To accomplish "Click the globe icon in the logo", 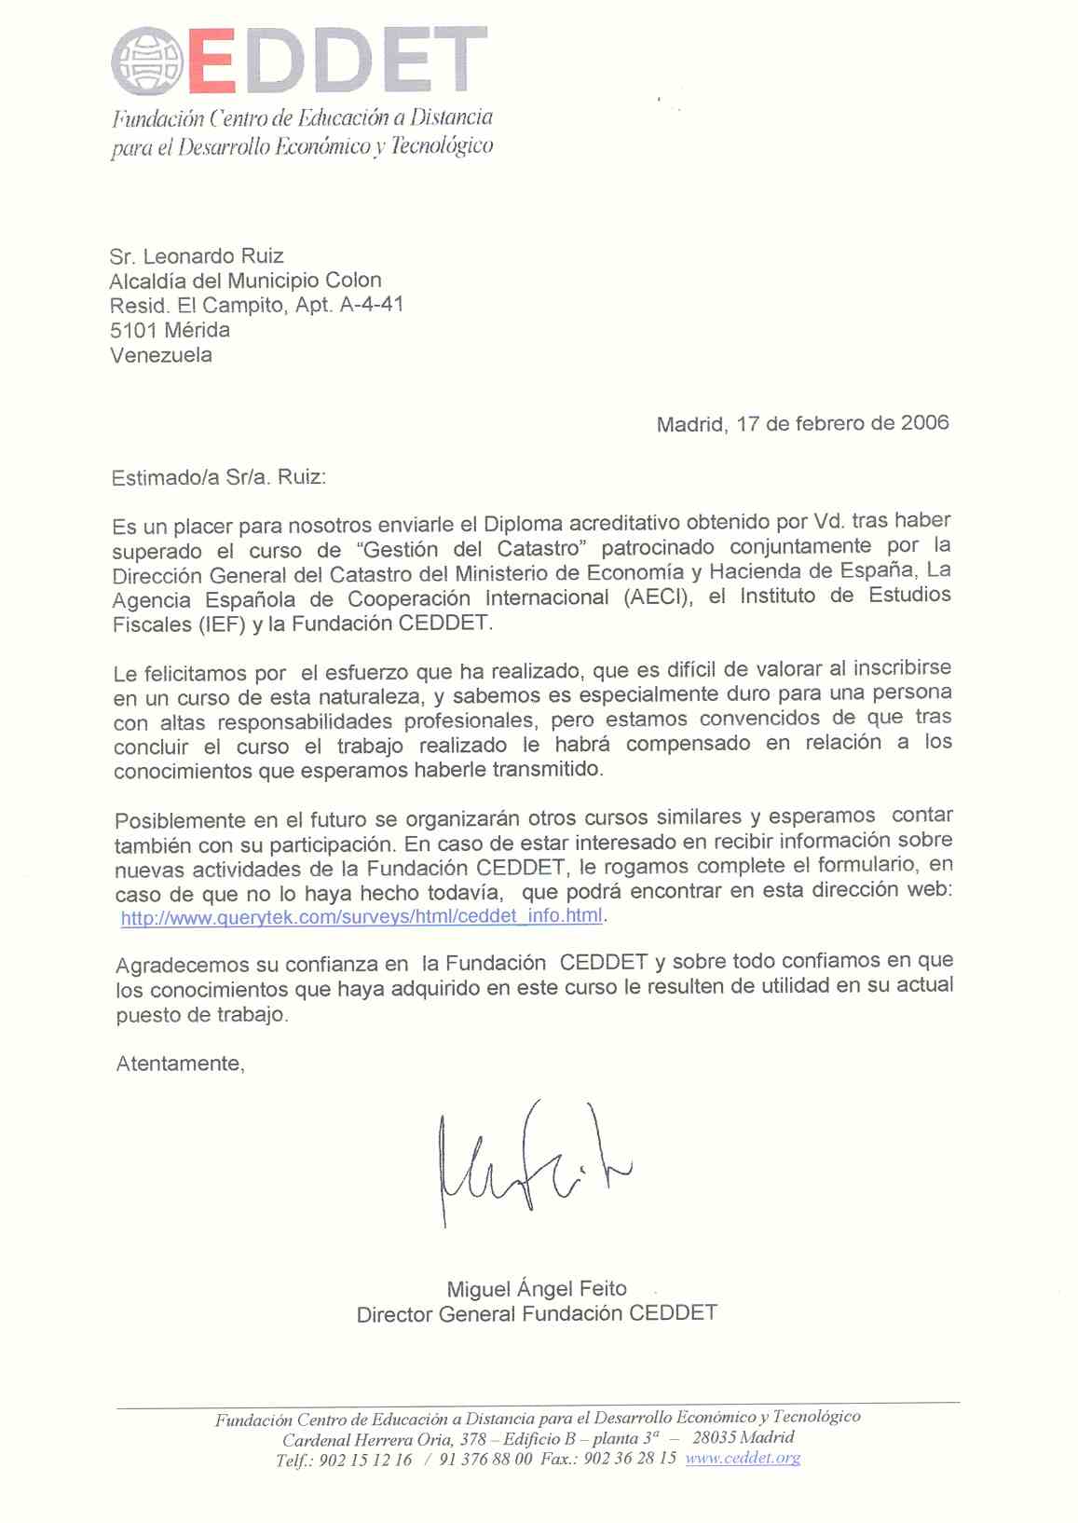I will (148, 62).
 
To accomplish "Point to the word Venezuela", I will (161, 355).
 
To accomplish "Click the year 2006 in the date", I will (924, 423).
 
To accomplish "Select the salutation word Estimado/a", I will (165, 478).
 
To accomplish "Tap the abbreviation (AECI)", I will (658, 597).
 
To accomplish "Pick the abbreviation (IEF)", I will (221, 625).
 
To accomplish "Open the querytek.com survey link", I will (362, 916).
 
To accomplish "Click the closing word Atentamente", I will (179, 1064).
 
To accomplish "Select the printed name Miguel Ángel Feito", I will (537, 1289).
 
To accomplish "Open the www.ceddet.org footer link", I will (743, 1459).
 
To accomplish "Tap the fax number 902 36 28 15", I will (630, 1459).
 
